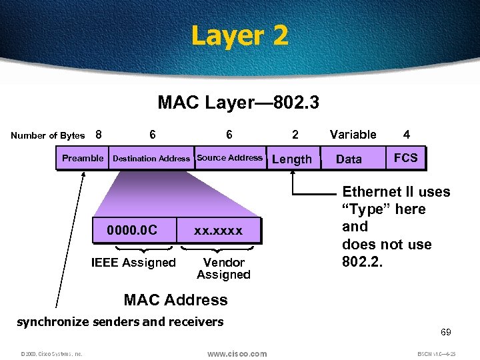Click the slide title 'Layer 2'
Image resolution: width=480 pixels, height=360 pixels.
click(x=239, y=35)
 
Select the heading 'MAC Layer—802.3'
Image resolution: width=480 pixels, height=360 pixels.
click(x=238, y=102)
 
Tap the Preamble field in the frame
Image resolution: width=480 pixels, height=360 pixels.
click(x=83, y=158)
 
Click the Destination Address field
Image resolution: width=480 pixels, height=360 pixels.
click(x=151, y=159)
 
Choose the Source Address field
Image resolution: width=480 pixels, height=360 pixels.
click(x=230, y=158)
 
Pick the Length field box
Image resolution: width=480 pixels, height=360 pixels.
click(x=292, y=159)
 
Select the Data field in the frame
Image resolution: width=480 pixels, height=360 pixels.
click(x=349, y=159)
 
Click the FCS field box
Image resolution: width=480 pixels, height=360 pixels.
click(x=405, y=158)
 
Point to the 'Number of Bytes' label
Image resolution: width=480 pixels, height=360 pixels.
click(x=48, y=136)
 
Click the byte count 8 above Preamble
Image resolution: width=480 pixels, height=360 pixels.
click(x=99, y=135)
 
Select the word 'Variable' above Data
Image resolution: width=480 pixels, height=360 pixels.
click(x=353, y=135)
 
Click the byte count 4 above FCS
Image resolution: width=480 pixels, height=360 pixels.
click(x=406, y=135)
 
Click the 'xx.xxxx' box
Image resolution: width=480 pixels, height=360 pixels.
click(x=218, y=231)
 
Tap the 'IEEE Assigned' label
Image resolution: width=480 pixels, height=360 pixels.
click(x=133, y=263)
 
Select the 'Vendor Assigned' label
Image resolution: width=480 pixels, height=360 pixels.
click(x=223, y=269)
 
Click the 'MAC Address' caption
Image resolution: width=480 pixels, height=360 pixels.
click(x=176, y=300)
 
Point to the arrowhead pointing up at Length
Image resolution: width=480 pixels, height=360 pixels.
click(x=292, y=174)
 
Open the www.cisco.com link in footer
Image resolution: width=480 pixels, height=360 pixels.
click(x=237, y=353)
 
